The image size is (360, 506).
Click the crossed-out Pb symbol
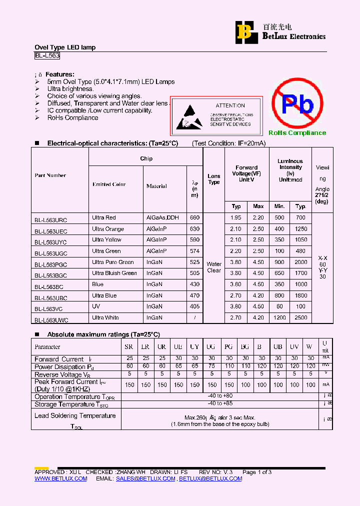(x=297, y=104)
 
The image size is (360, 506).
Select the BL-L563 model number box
(x=47, y=56)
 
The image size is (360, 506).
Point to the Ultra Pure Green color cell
(x=113, y=262)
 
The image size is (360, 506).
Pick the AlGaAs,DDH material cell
(x=162, y=217)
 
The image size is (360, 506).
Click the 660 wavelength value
(x=194, y=217)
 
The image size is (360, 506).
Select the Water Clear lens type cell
(x=214, y=267)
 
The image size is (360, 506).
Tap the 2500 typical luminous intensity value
(x=300, y=317)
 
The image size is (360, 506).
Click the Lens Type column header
(x=214, y=179)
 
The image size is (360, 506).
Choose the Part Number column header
(x=50, y=175)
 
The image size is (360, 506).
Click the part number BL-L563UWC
(x=51, y=319)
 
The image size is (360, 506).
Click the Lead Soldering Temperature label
(x=75, y=415)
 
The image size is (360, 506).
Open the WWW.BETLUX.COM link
(x=60, y=478)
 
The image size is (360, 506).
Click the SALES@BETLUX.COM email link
(x=145, y=478)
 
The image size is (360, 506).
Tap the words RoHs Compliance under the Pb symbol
(x=297, y=133)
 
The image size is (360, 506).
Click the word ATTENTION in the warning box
(x=230, y=105)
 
